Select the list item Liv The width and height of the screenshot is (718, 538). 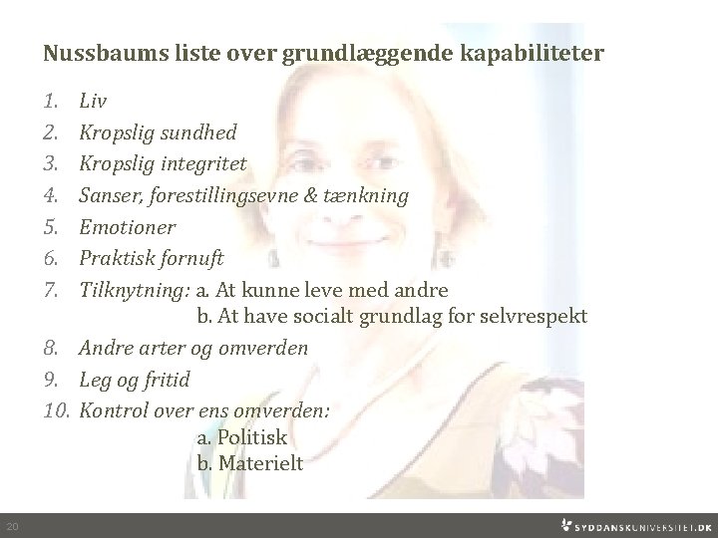93,101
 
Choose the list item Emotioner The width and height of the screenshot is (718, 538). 127,227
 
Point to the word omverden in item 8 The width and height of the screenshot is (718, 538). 263,349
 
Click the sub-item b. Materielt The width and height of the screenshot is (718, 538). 249,463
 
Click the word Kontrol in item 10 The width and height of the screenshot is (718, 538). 111,409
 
